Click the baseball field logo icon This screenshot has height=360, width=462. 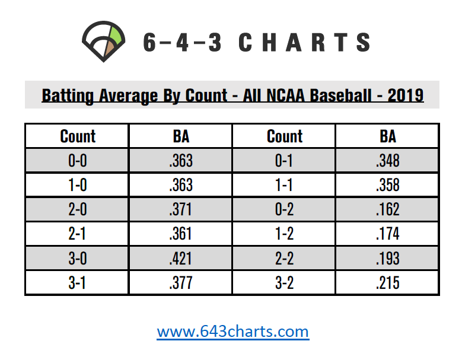tap(105, 41)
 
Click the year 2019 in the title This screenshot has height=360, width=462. tap(405, 94)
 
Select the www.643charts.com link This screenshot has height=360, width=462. tap(232, 330)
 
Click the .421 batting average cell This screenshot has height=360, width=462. tap(180, 258)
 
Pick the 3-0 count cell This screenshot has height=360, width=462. tap(77, 258)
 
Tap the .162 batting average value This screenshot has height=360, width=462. tap(387, 209)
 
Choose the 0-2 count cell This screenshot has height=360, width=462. tap(285, 209)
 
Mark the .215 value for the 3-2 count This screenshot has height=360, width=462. tap(387, 283)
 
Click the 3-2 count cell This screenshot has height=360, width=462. tap(285, 283)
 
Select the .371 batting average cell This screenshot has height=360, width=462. tap(180, 209)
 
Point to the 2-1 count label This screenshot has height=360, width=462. tap(77, 234)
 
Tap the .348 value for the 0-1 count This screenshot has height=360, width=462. tap(387, 160)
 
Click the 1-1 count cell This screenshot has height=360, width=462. tap(285, 184)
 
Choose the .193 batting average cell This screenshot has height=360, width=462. tap(387, 258)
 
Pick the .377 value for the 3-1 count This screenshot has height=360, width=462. tap(180, 283)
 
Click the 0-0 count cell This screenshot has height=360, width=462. tap(77, 160)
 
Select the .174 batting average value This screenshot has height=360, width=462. tap(387, 234)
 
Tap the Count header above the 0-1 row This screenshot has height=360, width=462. tap(285, 136)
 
